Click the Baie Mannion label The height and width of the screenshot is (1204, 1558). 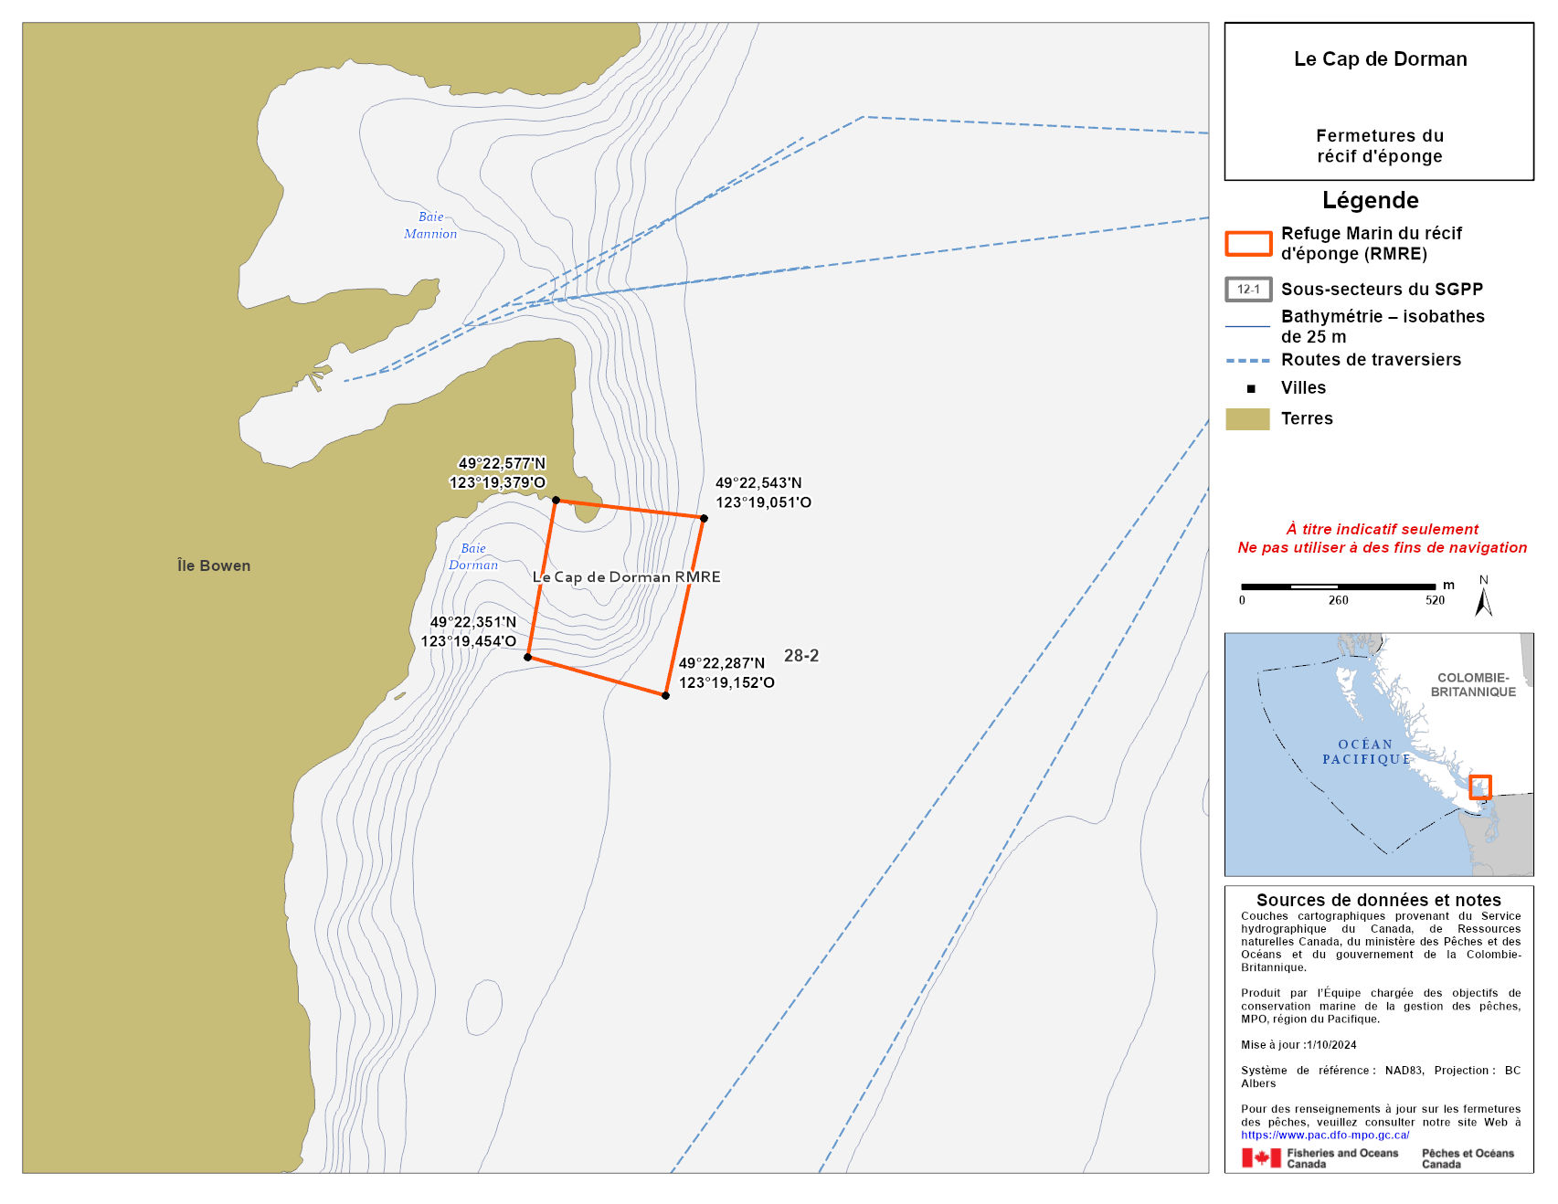tap(430, 225)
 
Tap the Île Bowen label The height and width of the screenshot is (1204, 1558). tap(214, 565)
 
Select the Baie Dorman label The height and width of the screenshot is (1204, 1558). tap(473, 556)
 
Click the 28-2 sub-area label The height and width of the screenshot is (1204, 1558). tap(801, 655)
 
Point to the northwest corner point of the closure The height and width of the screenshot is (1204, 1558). tap(556, 500)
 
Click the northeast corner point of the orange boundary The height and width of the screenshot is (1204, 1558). tap(704, 518)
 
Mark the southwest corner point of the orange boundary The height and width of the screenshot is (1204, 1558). tap(527, 657)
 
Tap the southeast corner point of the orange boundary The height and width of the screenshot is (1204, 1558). tap(665, 696)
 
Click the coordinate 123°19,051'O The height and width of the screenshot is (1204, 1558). tap(763, 502)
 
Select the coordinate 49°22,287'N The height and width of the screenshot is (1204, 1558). tap(722, 663)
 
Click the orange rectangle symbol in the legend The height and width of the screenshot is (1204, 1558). tap(1248, 244)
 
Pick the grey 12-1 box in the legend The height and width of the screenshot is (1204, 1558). tap(1248, 290)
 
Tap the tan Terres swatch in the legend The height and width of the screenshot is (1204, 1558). tap(1247, 418)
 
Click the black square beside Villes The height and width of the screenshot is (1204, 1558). tap(1251, 388)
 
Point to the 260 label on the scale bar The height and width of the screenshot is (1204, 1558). tap(1338, 600)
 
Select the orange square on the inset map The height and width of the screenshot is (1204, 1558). tap(1479, 787)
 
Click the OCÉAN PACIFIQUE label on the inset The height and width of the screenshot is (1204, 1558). tap(1366, 752)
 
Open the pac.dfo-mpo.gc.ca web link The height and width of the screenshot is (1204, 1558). tap(1325, 1135)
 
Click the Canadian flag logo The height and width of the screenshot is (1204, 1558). tap(1261, 1158)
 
